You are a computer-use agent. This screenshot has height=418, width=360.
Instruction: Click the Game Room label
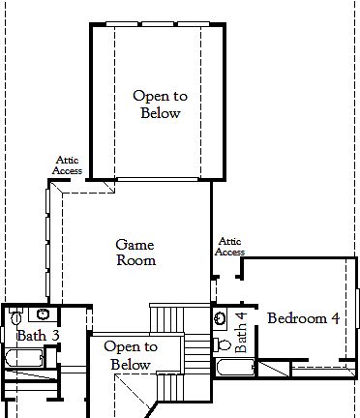pyautogui.click(x=135, y=253)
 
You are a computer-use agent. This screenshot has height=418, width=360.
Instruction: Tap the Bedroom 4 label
pyautogui.click(x=303, y=318)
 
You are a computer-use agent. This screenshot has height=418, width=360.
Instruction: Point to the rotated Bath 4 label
pyautogui.click(x=242, y=329)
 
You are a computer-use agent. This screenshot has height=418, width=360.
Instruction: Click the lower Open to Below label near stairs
pyautogui.click(x=131, y=356)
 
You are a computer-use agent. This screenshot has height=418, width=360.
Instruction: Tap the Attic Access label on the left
pyautogui.click(x=67, y=167)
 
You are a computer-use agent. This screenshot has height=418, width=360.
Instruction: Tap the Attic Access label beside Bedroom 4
pyautogui.click(x=229, y=246)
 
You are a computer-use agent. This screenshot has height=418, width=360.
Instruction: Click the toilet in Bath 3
pyautogui.click(x=16, y=316)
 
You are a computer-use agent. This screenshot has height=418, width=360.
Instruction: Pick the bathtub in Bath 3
pyautogui.click(x=23, y=359)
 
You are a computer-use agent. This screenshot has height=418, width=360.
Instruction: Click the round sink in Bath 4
pyautogui.click(x=221, y=317)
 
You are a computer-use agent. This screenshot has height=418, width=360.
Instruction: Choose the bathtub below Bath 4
pyautogui.click(x=235, y=368)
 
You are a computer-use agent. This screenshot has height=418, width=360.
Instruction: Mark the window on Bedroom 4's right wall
pyautogui.click(x=356, y=309)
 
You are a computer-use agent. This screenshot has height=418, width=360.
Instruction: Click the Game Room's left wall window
pyautogui.click(x=45, y=242)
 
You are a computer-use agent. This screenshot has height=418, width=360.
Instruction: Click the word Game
pyautogui.click(x=135, y=245)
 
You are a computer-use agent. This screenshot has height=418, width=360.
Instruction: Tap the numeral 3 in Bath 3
pyautogui.click(x=55, y=335)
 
